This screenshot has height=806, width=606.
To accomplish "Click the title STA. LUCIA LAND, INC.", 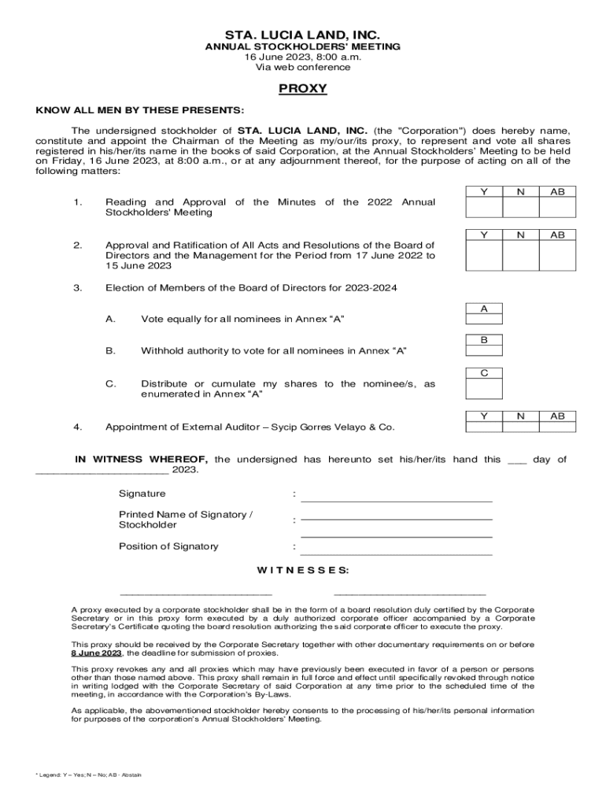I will click(x=303, y=35).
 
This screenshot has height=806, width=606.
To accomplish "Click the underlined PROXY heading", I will click(x=303, y=88).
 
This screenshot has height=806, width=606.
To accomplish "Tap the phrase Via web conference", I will click(x=303, y=68).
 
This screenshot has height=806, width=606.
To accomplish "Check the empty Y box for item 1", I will click(x=484, y=207).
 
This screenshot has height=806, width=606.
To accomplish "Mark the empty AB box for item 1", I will click(x=557, y=207).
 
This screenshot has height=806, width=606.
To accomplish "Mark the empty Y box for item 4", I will click(x=484, y=427).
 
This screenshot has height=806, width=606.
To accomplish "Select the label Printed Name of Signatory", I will click(x=186, y=514).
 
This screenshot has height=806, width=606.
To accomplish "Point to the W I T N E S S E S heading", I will click(x=303, y=570).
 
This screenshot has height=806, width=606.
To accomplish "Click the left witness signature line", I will click(x=196, y=592).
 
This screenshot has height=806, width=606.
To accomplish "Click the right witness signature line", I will click(x=409, y=592).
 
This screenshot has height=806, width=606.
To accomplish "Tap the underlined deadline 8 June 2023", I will click(x=97, y=653).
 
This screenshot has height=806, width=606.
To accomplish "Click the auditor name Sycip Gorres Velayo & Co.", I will click(x=333, y=427).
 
